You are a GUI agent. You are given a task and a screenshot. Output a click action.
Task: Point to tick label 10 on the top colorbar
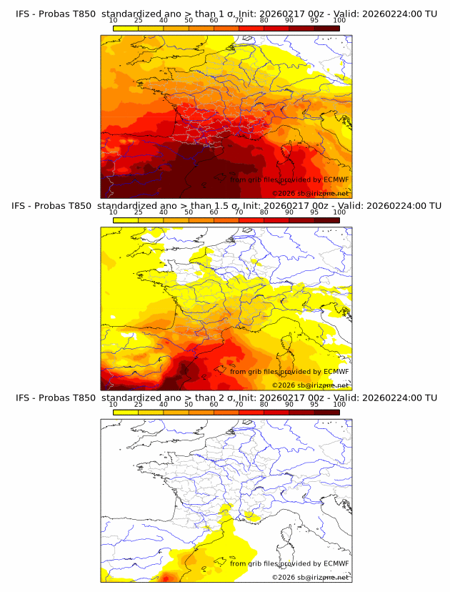coord(113,21)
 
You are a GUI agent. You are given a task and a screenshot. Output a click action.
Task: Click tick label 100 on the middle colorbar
coord(339,212)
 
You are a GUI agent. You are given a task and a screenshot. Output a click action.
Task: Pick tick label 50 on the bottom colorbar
coord(189,404)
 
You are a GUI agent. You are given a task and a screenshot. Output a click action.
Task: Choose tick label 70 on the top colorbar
coord(239,21)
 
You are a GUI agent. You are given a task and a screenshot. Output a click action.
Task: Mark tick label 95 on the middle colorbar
coord(314,212)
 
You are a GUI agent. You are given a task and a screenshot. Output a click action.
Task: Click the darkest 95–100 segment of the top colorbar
coord(327,28)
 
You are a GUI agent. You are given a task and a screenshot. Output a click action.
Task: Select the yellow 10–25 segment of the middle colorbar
coord(126,220)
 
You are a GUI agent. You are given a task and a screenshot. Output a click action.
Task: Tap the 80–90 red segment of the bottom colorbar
coord(276,412)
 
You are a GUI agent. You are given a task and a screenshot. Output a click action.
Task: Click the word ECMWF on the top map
coord(336,180)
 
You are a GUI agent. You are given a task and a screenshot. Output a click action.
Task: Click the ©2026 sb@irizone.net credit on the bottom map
coord(310,577)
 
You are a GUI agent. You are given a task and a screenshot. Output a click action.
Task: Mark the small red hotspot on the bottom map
coord(167,577)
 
